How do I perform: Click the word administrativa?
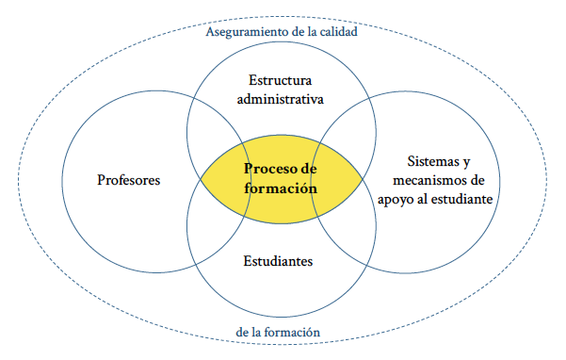click(x=280, y=98)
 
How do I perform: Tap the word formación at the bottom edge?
click(x=292, y=332)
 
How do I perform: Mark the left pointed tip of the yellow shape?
click(x=202, y=178)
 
